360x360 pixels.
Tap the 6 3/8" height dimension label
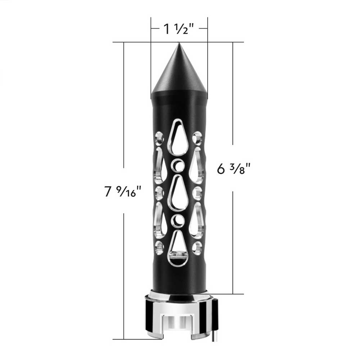point(234,168)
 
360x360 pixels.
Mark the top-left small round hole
point(159,138)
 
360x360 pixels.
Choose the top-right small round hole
point(197,138)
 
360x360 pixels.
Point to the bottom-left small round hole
point(159,247)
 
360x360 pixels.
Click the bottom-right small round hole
point(197,247)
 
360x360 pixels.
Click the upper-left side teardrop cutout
point(160,164)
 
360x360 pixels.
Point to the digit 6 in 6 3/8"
point(221,168)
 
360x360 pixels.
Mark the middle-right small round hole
point(197,193)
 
